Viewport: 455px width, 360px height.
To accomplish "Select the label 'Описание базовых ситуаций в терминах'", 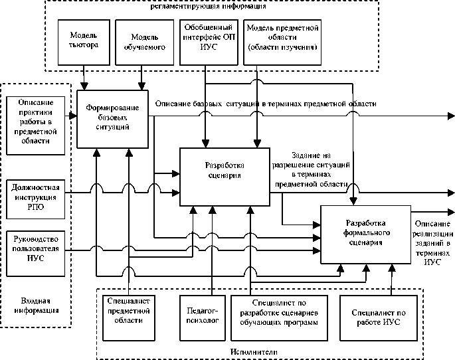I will coord(266,104).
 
